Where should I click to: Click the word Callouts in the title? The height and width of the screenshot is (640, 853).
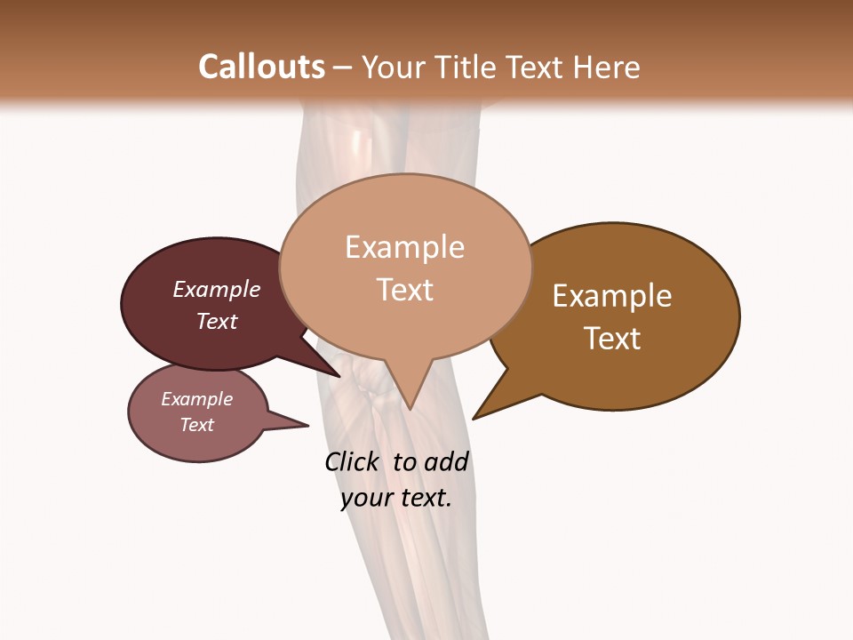[x=261, y=67]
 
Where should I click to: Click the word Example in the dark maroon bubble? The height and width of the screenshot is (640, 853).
[x=217, y=289]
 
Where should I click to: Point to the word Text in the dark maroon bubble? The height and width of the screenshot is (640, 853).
[x=217, y=321]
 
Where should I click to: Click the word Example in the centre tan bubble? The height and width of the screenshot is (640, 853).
[x=404, y=247]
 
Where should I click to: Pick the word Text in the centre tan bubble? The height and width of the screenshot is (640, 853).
[x=404, y=290]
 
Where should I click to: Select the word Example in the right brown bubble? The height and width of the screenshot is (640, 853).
[x=612, y=296]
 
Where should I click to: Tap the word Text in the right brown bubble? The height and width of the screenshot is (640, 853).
[x=612, y=339]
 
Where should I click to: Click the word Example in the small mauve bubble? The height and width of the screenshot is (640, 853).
[x=197, y=399]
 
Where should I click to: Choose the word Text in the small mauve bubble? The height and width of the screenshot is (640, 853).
[x=197, y=425]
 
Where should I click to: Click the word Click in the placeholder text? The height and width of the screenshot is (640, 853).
[x=351, y=461]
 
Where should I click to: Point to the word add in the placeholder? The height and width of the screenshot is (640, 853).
[x=446, y=461]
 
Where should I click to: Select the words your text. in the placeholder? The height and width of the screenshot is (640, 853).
[x=396, y=498]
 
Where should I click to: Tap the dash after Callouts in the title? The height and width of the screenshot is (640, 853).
[x=343, y=68]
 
